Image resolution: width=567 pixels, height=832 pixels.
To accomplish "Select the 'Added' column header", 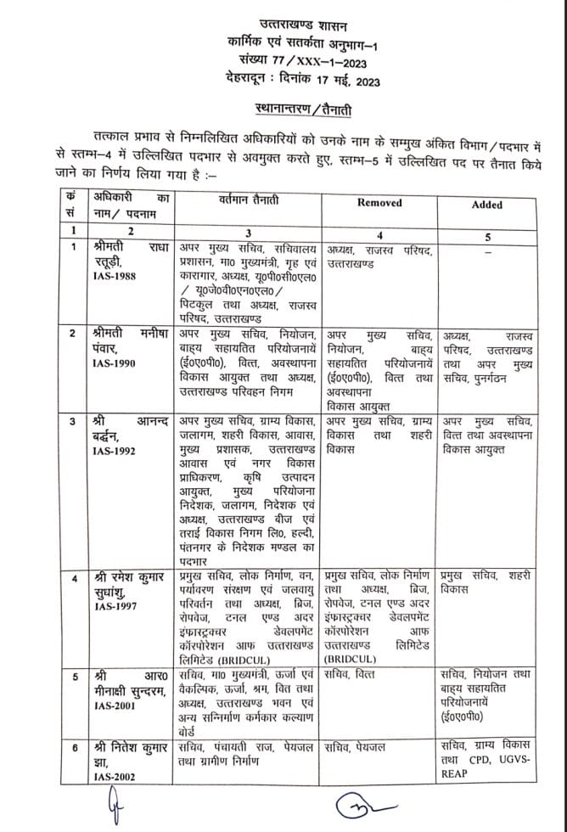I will pos(486,205).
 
